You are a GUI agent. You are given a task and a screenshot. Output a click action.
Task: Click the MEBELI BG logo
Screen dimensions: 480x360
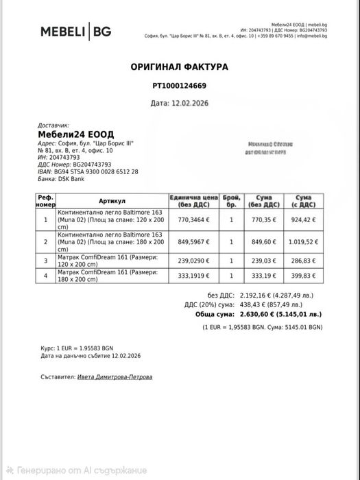[x=76, y=32]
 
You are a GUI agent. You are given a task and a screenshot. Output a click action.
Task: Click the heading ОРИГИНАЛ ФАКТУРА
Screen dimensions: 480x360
[x=179, y=67]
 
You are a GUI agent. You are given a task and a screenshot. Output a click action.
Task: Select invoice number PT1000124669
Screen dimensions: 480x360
[x=179, y=86]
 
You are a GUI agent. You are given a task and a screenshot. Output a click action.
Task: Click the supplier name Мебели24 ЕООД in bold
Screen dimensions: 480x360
[x=75, y=134]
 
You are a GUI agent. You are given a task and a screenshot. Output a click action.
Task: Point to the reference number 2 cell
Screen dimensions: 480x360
[x=46, y=241]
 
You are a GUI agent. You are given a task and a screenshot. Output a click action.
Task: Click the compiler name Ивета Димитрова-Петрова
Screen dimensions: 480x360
[x=115, y=377]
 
